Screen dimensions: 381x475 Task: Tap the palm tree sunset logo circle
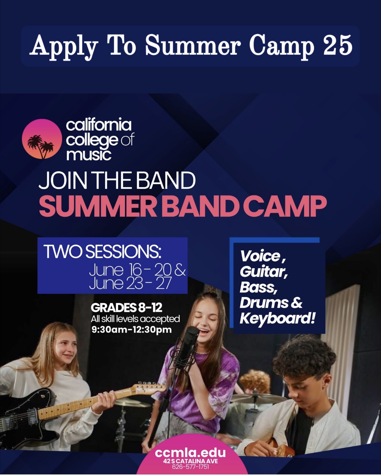click(42, 139)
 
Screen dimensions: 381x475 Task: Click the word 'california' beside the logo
click(99, 125)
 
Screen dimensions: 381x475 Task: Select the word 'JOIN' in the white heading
click(63, 180)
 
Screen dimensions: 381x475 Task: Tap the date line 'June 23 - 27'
click(131, 283)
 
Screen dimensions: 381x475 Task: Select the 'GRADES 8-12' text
click(126, 307)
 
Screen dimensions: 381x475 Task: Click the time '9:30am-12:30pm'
click(131, 330)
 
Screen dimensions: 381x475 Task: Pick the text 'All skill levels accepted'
click(135, 319)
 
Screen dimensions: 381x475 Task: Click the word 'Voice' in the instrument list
click(260, 256)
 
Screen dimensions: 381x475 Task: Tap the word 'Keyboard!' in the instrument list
click(277, 319)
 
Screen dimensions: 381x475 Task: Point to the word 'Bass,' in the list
click(258, 287)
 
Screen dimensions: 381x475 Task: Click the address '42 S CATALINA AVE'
click(190, 461)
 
